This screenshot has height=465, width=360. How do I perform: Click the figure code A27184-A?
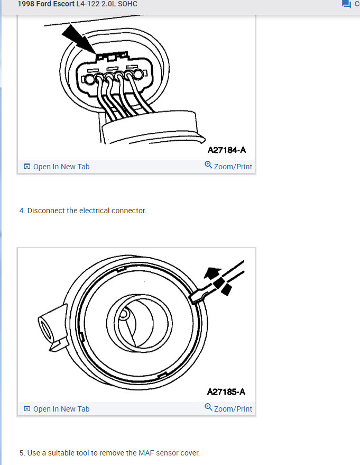tap(226, 150)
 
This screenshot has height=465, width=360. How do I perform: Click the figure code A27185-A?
tap(226, 392)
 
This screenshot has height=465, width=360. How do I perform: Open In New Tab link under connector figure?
tap(61, 167)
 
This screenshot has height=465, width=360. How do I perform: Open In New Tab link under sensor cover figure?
tap(61, 409)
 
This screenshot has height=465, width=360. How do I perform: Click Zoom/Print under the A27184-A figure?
tap(233, 167)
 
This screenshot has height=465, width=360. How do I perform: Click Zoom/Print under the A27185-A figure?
tap(233, 409)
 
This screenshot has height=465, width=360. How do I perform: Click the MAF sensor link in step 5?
tap(159, 453)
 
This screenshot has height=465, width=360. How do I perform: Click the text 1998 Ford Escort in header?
tap(46, 4)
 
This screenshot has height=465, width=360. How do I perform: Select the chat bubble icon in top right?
tap(346, 4)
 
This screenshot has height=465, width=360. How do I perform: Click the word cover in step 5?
tap(190, 453)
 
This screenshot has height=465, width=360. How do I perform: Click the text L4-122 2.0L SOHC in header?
tap(107, 4)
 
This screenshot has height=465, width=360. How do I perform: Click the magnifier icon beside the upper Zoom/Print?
tap(208, 166)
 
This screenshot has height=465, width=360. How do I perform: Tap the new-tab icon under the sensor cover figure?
tap(27, 409)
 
